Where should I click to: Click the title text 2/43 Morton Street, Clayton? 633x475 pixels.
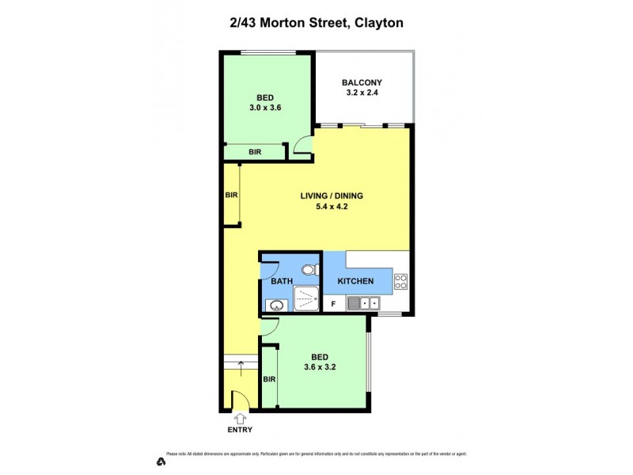click(316, 23)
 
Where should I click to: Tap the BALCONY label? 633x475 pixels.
click(362, 82)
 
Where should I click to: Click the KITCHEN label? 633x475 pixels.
click(355, 281)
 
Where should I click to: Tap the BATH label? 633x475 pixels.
click(282, 281)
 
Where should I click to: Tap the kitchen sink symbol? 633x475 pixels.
click(363, 302)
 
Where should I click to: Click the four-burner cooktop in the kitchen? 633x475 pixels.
click(400, 280)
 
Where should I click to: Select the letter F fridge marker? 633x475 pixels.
click(333, 302)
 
